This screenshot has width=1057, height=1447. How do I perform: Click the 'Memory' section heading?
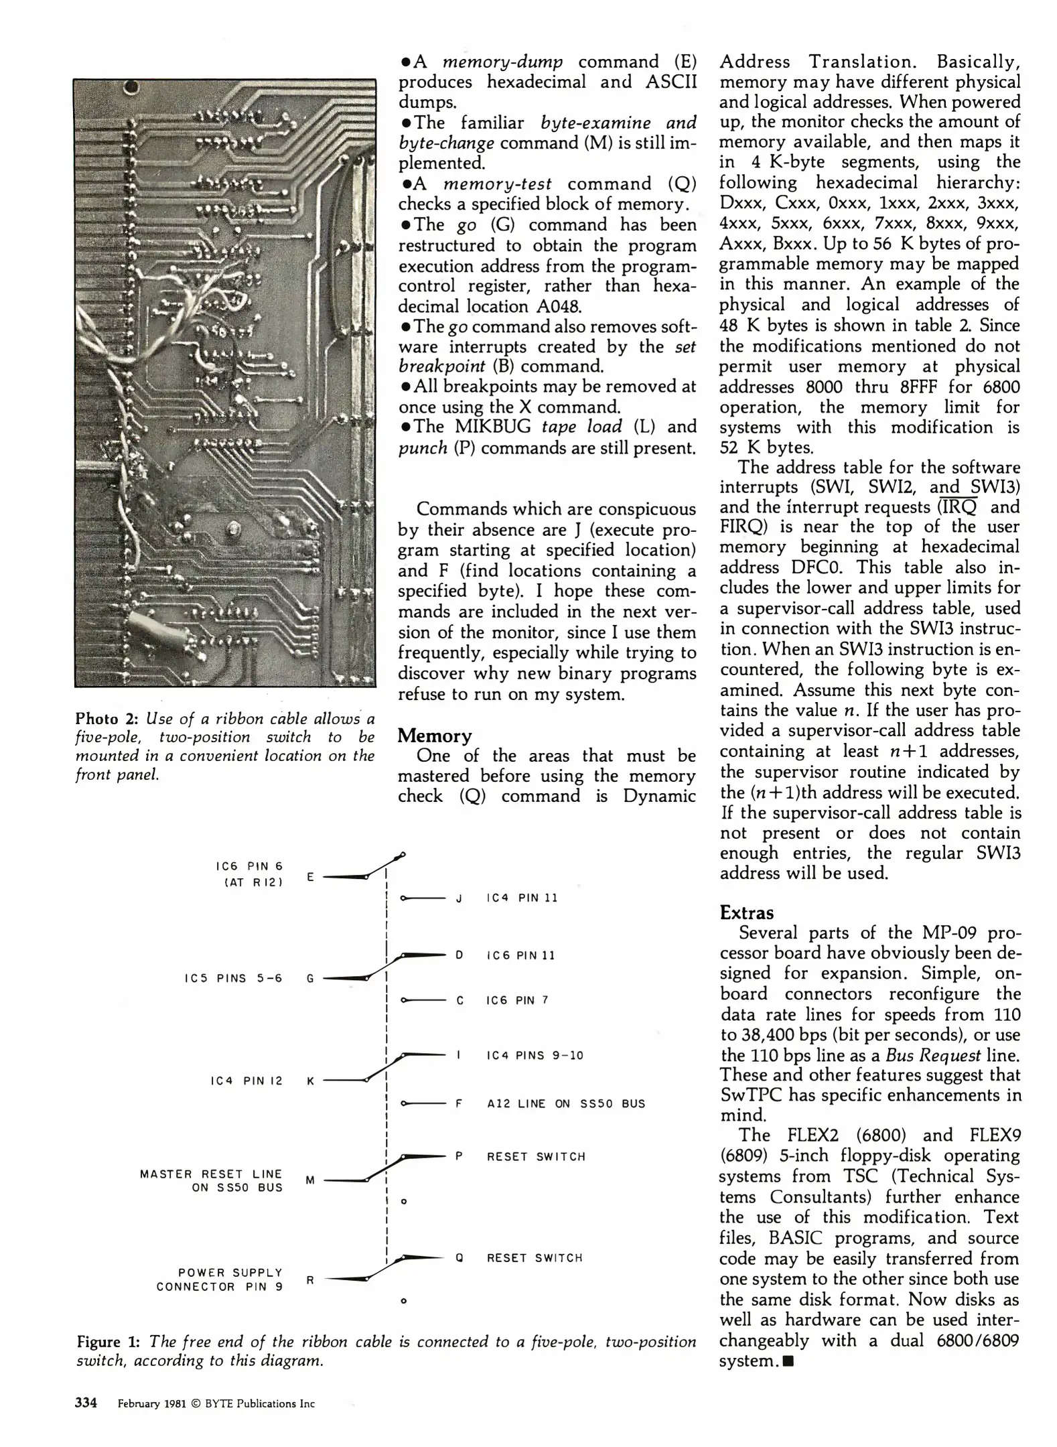435,736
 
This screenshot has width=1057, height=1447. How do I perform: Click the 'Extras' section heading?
746,912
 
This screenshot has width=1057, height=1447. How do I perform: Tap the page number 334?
86,1403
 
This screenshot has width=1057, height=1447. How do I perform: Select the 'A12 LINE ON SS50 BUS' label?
566,1103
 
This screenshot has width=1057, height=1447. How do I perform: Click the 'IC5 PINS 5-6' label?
234,978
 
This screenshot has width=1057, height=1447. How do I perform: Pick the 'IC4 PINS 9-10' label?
535,1055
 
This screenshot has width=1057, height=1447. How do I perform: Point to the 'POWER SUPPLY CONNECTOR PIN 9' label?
220,1280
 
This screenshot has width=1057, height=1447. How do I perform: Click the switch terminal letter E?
310,876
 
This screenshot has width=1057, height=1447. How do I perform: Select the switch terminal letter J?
459,898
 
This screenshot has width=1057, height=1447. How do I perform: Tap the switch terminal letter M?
310,1180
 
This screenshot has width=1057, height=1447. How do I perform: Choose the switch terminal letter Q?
459,1258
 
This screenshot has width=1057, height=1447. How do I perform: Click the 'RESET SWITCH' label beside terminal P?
536,1156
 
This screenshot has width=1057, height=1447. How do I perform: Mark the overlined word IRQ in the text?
958,507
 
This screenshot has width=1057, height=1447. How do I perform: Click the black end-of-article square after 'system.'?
788,1361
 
